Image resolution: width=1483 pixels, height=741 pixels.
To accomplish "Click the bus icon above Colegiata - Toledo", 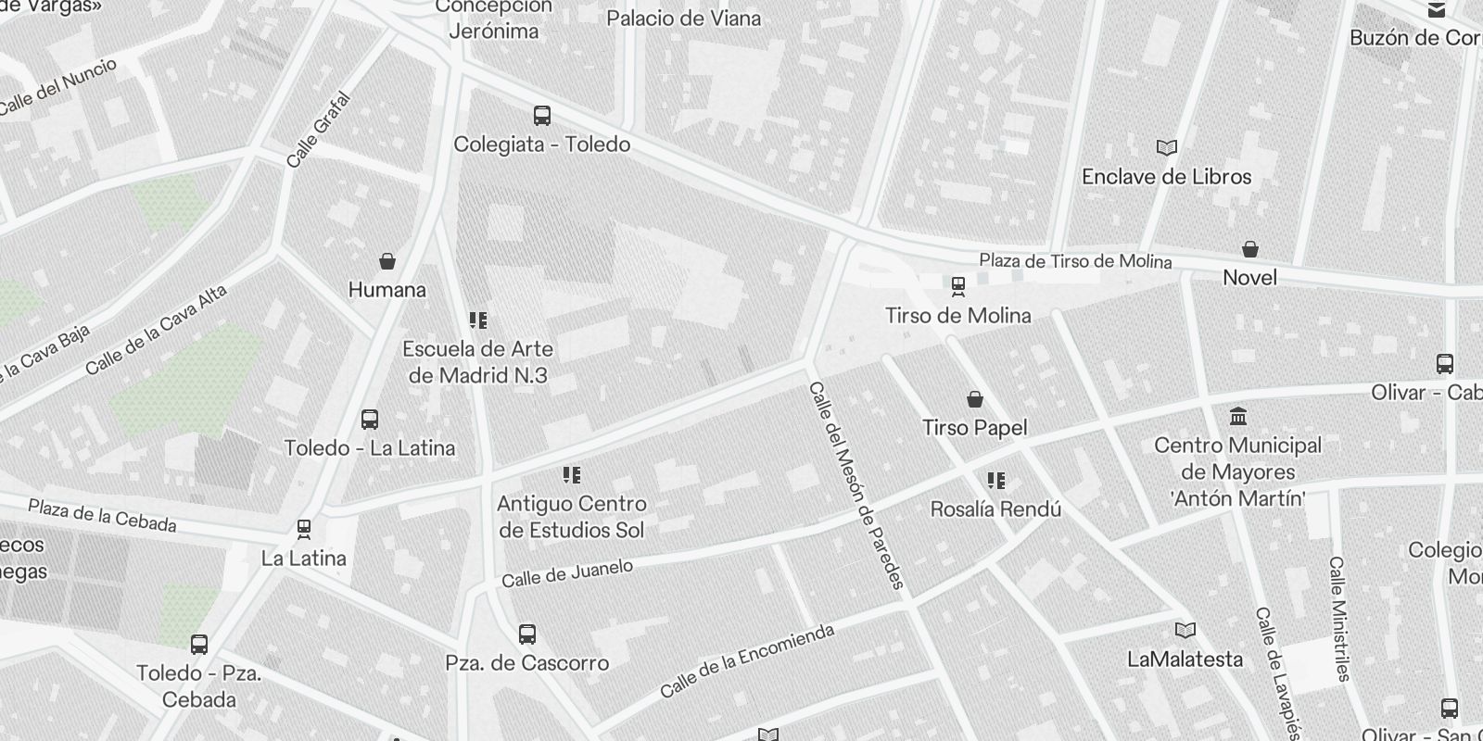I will coord(542,116).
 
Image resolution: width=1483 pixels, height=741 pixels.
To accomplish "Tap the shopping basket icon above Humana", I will coord(387,261).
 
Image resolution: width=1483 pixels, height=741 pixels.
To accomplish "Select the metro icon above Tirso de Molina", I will coord(957,286).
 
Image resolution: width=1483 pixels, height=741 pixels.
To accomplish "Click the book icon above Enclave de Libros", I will coord(1166,147).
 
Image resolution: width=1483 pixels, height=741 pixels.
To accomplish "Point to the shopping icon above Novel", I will coord(1250,249).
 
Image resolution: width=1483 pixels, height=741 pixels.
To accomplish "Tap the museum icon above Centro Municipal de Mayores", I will coord(1237,416).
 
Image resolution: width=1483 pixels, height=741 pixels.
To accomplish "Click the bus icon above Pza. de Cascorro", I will coord(527,634).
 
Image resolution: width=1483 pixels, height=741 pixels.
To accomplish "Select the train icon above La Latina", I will coord(303,530).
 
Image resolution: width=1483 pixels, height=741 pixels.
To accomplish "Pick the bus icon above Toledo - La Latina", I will coord(370,420).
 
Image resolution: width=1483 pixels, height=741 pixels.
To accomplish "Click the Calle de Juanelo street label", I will coord(567,573).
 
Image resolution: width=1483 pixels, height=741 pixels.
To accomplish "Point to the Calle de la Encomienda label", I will coord(747,660).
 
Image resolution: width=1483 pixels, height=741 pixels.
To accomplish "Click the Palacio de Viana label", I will coord(683,18).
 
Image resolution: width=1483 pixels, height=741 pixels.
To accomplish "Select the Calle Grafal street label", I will coord(319,130).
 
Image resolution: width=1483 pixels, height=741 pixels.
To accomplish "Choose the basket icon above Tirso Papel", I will coord(975,399).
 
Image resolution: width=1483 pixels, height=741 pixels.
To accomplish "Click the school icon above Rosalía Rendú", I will coord(995,481).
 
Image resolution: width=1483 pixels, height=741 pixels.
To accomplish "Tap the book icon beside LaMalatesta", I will coord(1185,631).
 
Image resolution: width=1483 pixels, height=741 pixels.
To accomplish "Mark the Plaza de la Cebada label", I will coord(102,515).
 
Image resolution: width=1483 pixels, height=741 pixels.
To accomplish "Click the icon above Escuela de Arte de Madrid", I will coord(478,320).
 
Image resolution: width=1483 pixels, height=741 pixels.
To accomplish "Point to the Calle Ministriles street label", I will coord(1337,618).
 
